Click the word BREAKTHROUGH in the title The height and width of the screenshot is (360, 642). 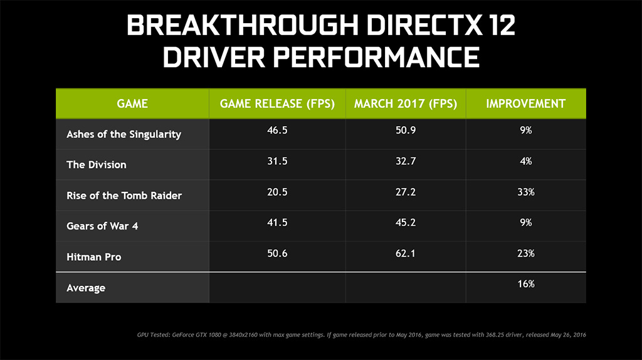(x=243, y=25)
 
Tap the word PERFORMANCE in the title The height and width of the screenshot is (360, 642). (x=376, y=57)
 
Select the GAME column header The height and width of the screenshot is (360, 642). (x=132, y=103)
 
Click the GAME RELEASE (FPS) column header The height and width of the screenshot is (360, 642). (x=277, y=103)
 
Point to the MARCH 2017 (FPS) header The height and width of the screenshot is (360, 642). (x=406, y=103)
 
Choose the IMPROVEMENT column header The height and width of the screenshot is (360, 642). (x=526, y=103)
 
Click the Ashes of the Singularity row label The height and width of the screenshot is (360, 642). (x=124, y=134)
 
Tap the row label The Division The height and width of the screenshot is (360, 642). (x=96, y=165)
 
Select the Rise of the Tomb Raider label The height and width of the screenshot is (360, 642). (x=124, y=195)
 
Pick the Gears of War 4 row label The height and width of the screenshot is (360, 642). (x=102, y=226)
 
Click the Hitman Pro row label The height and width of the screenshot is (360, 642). (x=94, y=257)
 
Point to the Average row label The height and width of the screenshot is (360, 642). (x=85, y=288)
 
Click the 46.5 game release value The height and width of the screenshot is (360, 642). (x=277, y=130)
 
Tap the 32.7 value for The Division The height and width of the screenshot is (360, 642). (x=406, y=161)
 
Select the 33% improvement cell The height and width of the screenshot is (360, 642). (x=526, y=192)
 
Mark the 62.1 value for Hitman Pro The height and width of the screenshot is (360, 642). (x=406, y=253)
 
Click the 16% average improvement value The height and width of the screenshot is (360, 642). (x=526, y=284)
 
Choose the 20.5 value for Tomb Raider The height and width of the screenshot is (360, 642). (x=277, y=192)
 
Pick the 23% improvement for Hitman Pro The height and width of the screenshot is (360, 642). (x=526, y=253)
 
